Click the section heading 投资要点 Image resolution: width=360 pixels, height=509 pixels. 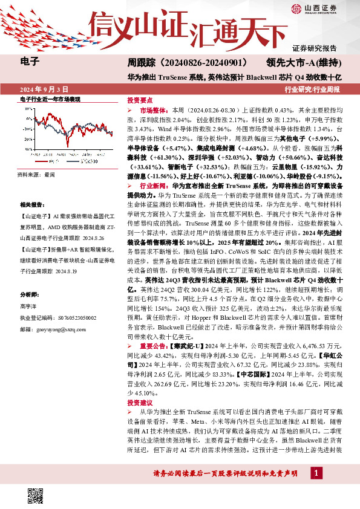(140, 100)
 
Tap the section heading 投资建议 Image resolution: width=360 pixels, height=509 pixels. (140, 402)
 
